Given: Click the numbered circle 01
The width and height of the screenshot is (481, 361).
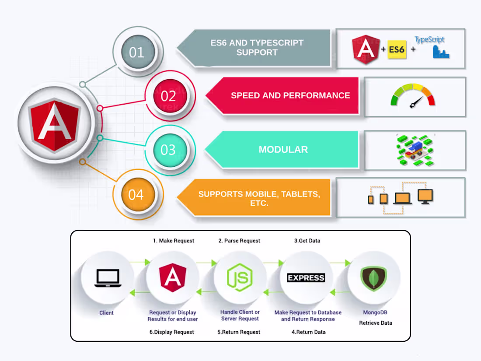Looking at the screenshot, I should tap(136, 53).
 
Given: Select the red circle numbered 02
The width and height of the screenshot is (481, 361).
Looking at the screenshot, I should tap(168, 96).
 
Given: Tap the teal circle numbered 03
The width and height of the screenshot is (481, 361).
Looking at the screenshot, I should tap(168, 150).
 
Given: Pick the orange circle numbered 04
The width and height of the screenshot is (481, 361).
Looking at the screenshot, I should tap(136, 194).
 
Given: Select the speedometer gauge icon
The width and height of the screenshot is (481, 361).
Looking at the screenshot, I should tap(413, 96).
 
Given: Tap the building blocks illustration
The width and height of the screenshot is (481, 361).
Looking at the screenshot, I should tap(415, 150).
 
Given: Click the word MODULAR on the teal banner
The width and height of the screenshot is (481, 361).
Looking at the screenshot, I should tap(283, 150).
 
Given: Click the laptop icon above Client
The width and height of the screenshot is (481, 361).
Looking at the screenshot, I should tap(108, 278).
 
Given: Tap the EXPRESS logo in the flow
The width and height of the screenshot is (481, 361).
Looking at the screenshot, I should tap(306, 278).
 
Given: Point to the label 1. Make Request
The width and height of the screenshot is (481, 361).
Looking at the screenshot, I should tap(173, 241).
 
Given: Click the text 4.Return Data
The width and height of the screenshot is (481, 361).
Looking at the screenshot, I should tap(308, 332).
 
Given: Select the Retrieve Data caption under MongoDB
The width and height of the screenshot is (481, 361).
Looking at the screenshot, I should tap(375, 323).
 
